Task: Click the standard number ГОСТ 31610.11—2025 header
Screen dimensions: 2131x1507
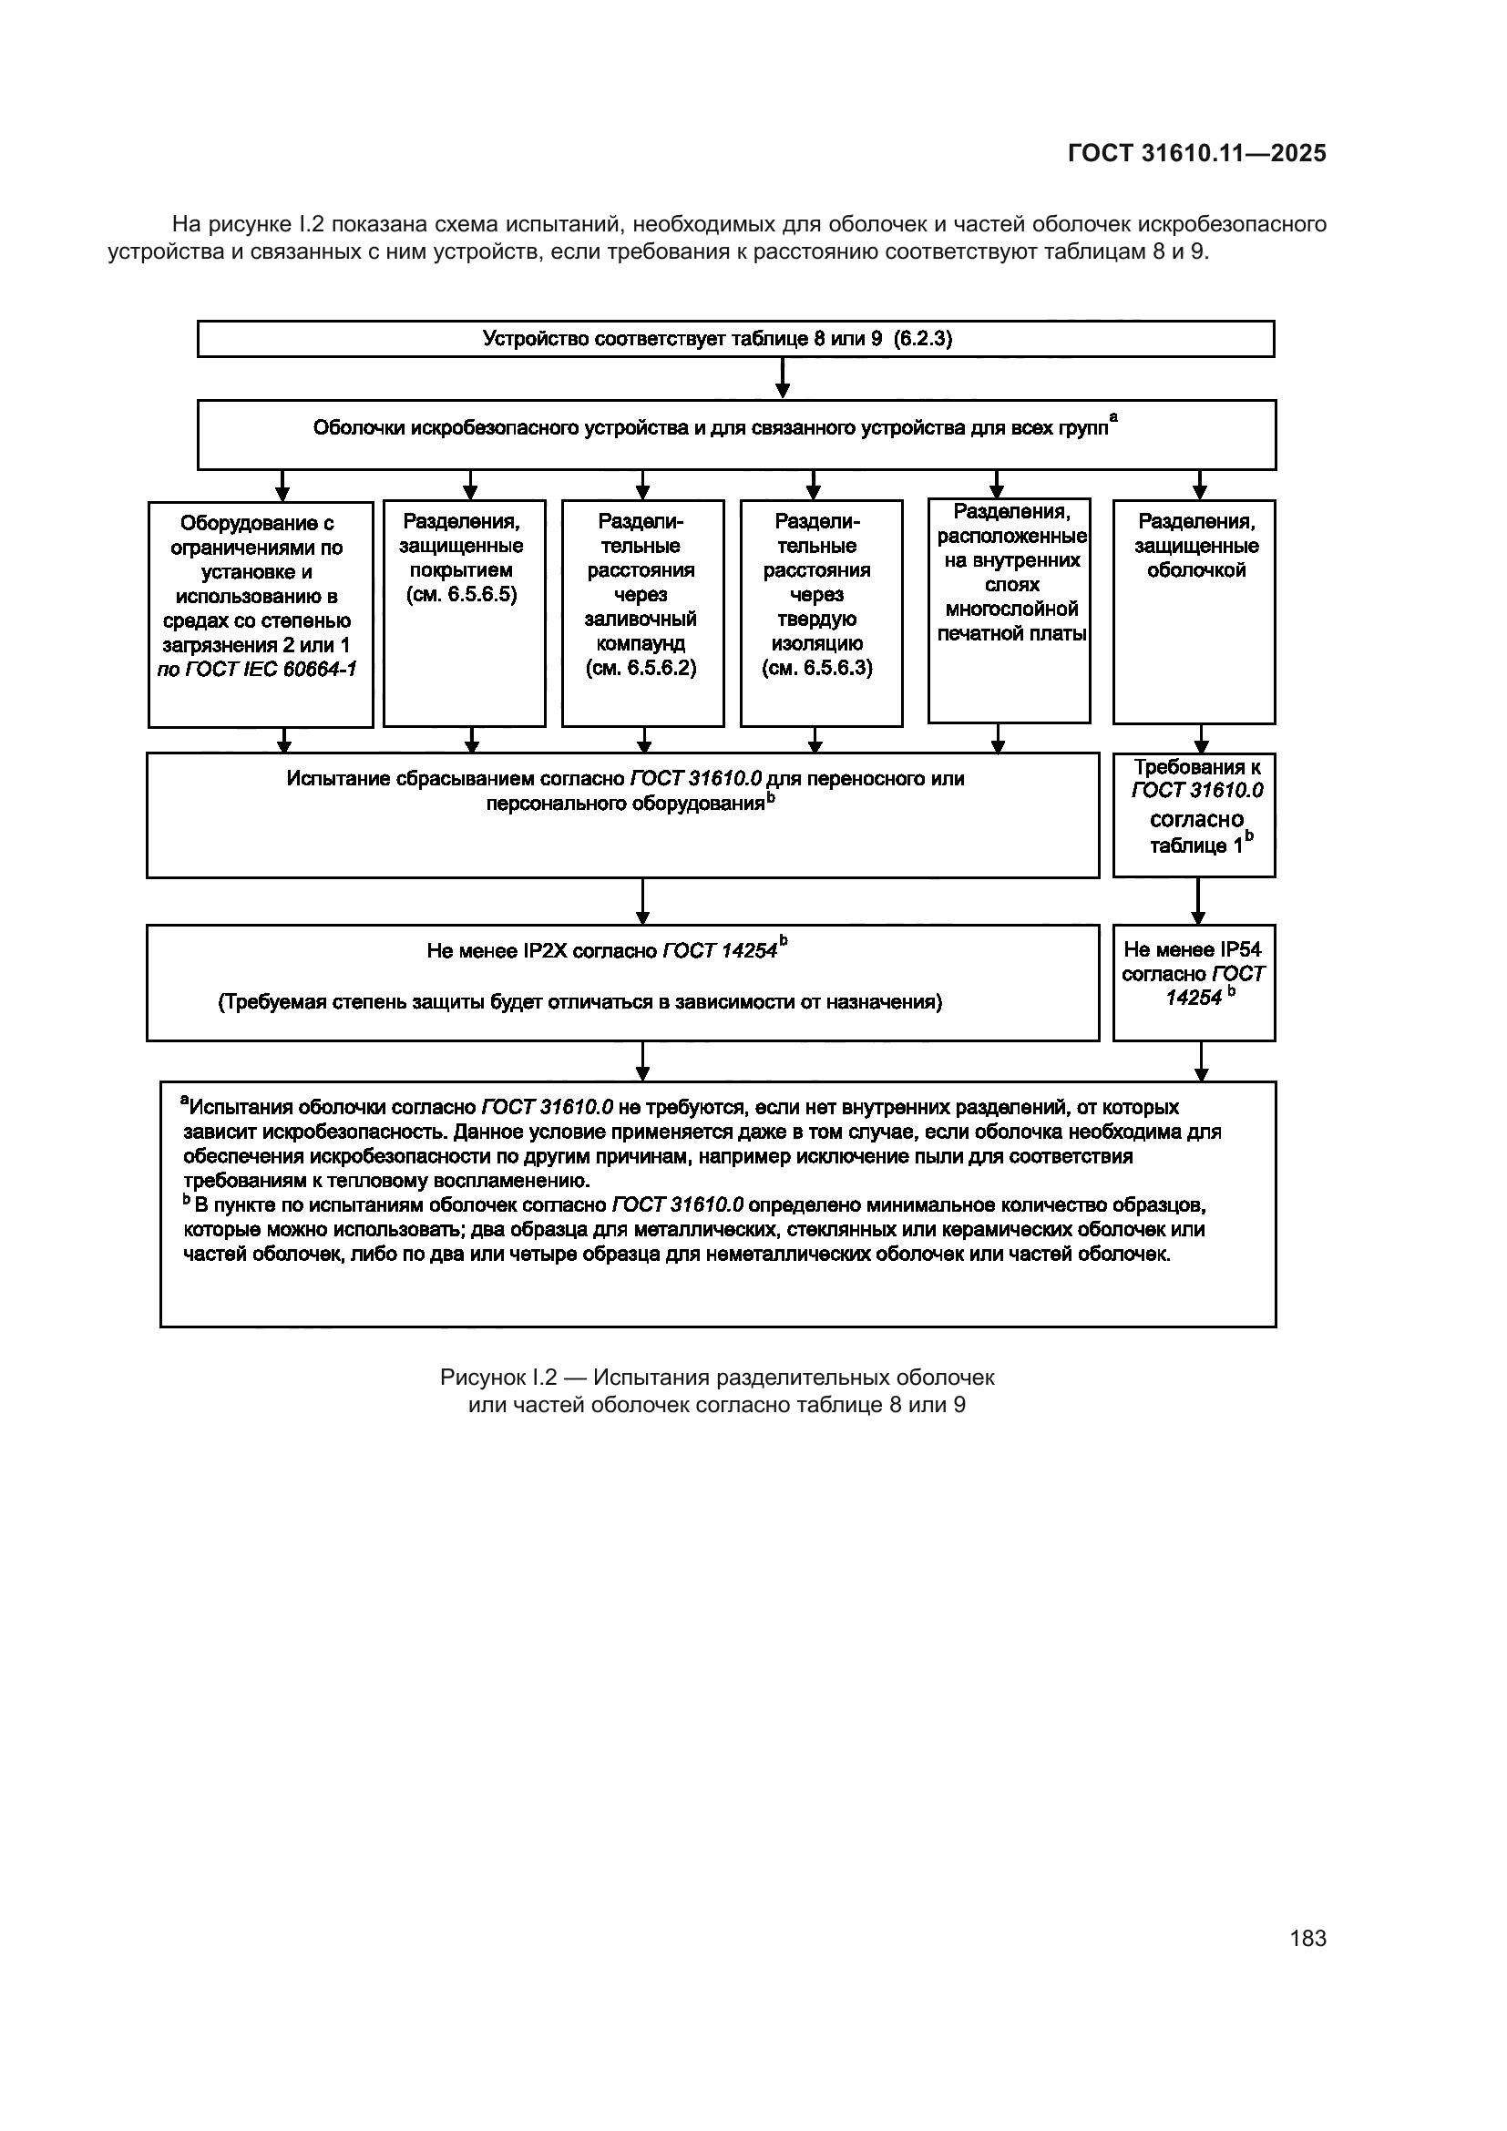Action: (x=1196, y=153)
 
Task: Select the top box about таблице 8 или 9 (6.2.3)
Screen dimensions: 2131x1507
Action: (x=735, y=339)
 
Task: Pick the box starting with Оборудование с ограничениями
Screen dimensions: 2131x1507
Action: (x=260, y=614)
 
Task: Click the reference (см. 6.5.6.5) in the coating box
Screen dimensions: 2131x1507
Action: (x=461, y=595)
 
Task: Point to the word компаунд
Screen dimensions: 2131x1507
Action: (x=641, y=644)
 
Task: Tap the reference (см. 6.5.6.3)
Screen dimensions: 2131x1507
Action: (x=816, y=668)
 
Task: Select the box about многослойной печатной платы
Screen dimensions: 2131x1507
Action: (x=1009, y=610)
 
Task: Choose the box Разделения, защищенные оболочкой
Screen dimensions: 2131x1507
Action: (x=1194, y=611)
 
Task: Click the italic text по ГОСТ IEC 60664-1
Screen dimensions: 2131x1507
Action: (x=257, y=671)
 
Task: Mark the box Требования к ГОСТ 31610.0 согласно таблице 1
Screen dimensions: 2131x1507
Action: (x=1194, y=814)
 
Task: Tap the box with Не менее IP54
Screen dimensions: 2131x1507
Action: (x=1194, y=982)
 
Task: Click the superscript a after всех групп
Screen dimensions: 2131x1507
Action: (x=1113, y=418)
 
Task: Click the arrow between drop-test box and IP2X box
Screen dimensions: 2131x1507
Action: (x=642, y=900)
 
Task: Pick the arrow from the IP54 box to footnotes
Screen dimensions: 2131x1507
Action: (x=1201, y=1060)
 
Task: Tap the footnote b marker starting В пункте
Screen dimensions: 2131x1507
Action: (x=187, y=1203)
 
